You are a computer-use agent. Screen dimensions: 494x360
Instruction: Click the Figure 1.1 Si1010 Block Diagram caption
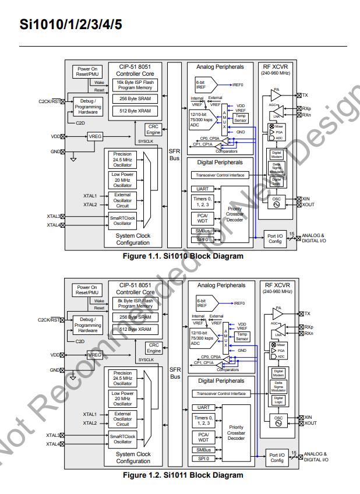183,256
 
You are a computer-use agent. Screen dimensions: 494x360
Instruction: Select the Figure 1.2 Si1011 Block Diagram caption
183,475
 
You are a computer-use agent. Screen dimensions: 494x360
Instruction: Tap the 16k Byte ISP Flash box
135,85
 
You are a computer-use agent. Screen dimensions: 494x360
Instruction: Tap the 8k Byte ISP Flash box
135,304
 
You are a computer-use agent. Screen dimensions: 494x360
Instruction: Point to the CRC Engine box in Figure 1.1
154,130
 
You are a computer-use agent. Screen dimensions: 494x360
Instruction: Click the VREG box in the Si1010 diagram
95,136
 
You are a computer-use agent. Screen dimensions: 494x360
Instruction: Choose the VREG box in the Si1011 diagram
95,355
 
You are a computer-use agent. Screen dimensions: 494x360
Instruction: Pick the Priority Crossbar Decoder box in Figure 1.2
236,433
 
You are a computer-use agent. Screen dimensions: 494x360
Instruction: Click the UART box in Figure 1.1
203,189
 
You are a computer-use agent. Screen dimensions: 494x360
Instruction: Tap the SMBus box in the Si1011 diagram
203,450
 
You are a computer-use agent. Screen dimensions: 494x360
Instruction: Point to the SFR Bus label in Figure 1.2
175,373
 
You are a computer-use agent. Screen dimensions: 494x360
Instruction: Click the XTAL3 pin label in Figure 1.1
53,217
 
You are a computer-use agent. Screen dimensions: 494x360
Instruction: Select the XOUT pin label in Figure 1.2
310,424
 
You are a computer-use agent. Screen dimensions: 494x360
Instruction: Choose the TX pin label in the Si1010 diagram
305,95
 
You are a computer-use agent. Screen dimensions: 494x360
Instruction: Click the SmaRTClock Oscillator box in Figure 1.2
122,439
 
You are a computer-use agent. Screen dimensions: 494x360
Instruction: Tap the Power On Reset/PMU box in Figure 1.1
87,72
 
